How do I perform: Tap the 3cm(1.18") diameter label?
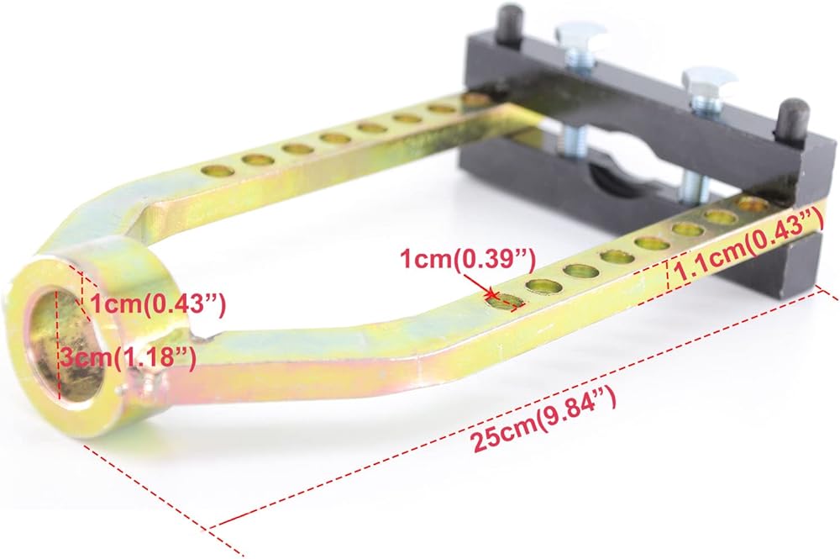(x=128, y=357)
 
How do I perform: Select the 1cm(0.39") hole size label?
(x=468, y=260)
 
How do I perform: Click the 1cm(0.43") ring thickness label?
(x=159, y=305)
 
